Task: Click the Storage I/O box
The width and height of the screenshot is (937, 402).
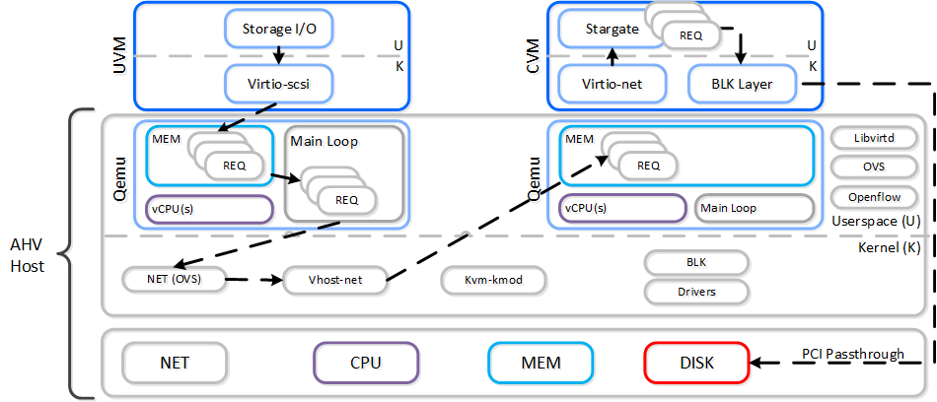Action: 279,29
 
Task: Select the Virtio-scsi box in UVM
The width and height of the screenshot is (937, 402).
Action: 279,84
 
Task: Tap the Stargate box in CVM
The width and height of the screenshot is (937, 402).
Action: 599,30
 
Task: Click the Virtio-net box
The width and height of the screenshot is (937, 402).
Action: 613,85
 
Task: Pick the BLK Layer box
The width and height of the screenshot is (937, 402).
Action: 742,85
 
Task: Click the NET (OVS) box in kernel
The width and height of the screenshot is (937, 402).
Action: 174,280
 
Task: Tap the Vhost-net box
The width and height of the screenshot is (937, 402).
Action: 335,280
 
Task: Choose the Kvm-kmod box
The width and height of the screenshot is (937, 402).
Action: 493,280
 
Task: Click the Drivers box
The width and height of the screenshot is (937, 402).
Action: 696,292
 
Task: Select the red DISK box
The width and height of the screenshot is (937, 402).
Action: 696,363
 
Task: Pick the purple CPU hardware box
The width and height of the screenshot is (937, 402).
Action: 365,363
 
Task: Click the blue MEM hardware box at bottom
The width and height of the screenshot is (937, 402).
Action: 540,363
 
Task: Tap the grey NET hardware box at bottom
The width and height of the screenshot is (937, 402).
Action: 175,363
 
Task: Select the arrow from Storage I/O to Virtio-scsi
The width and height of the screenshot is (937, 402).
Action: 279,55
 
